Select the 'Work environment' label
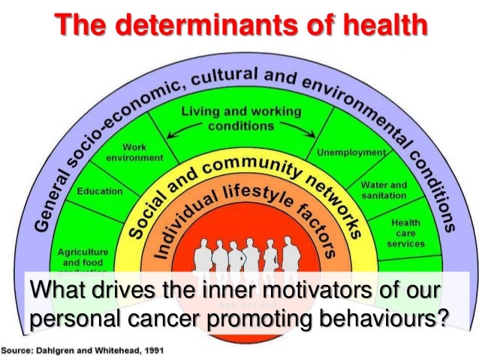135,153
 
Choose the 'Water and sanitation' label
384,189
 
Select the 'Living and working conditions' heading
241,117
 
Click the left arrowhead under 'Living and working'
169,137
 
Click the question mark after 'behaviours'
441,319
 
